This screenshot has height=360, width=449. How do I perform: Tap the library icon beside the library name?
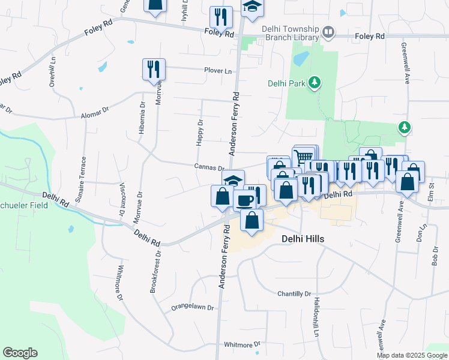pos(328,32)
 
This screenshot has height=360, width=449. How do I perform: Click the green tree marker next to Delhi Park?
pos(313,83)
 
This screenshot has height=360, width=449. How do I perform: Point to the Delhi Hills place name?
pos(303,239)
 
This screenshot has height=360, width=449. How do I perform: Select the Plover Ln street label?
pos(217,71)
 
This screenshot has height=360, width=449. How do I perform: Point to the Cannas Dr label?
pos(208,167)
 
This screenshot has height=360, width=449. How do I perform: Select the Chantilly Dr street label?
pos(294,294)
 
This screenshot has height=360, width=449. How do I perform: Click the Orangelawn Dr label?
pos(193,307)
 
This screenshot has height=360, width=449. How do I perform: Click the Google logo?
pos(20,353)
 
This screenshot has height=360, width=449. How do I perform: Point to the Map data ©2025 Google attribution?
pos(411,355)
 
